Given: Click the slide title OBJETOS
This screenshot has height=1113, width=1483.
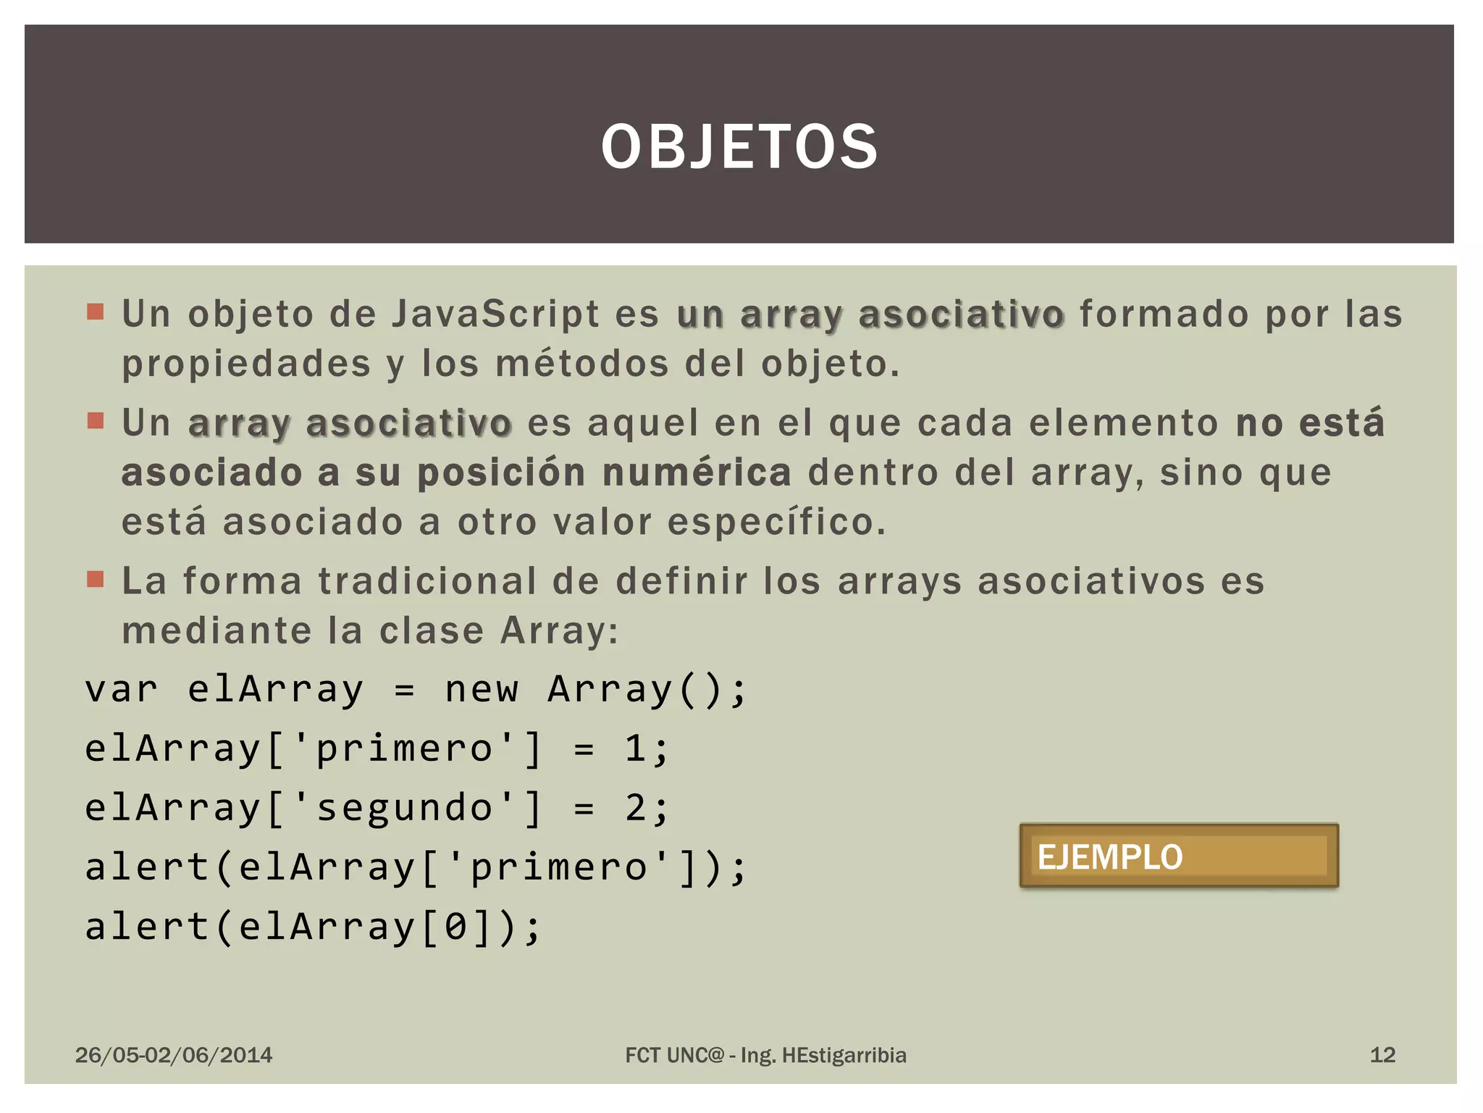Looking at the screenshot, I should click(739, 147).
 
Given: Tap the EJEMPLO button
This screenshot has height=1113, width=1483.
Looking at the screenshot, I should click(1178, 856).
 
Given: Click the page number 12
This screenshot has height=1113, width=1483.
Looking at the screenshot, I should click(1382, 1054).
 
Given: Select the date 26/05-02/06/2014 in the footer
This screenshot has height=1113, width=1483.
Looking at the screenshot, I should click(174, 1055).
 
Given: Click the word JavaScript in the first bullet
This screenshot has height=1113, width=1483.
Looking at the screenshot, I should click(495, 314).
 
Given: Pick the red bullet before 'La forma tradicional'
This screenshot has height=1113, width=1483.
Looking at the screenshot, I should click(95, 579).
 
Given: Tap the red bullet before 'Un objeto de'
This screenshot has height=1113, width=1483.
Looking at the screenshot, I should click(95, 312).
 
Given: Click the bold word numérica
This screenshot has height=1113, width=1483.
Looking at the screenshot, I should click(697, 473).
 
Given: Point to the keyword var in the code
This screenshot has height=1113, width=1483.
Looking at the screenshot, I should click(121, 689).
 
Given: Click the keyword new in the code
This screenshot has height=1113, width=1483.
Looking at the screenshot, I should click(482, 689).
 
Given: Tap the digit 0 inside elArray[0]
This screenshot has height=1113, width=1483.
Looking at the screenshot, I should click(455, 927).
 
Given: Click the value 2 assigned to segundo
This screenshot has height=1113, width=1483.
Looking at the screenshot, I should click(636, 808).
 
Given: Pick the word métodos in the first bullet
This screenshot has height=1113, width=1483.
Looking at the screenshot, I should click(582, 364).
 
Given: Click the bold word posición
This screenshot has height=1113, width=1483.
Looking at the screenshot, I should click(501, 473).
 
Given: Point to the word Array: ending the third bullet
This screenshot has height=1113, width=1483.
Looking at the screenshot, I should click(560, 631).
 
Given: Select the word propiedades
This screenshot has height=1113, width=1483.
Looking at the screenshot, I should click(246, 364).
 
